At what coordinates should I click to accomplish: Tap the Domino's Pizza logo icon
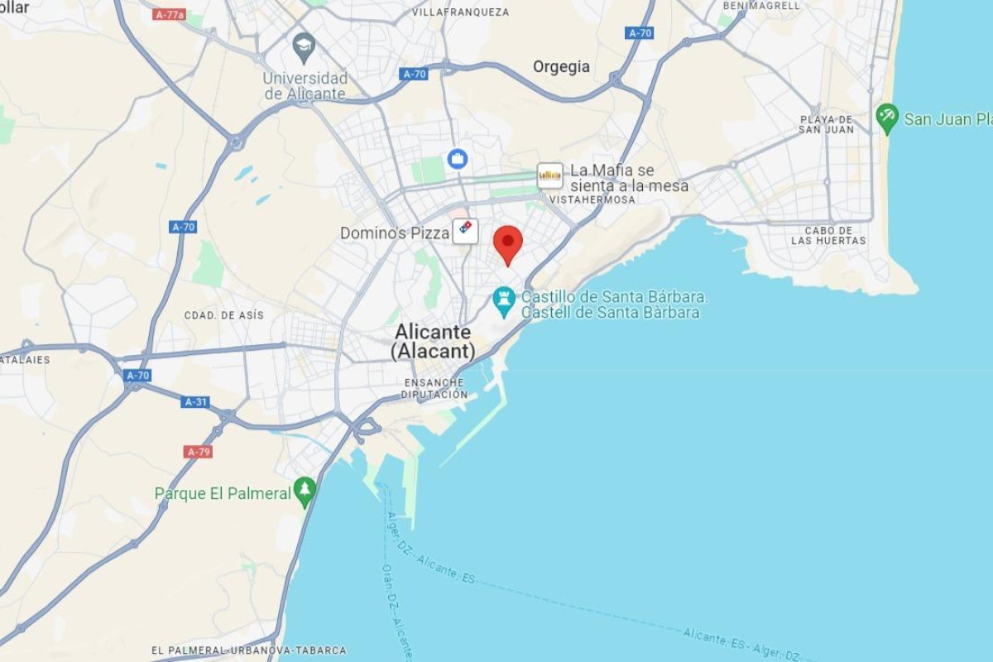point(465,231)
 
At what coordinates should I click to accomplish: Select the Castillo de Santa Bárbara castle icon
point(503,301)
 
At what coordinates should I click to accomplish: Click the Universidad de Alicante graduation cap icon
point(304,46)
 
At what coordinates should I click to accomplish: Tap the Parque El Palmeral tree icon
point(305,492)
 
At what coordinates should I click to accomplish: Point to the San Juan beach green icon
point(887,118)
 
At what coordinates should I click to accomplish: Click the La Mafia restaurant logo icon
point(549,175)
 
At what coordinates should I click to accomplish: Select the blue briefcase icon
point(458,158)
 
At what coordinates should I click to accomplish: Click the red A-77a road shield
point(170,14)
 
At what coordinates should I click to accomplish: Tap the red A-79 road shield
point(199,452)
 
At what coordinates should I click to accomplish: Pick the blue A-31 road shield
point(195,402)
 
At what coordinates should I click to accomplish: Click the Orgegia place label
point(561,67)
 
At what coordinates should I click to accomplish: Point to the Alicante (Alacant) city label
point(433,341)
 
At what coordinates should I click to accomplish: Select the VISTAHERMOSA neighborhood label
point(592,199)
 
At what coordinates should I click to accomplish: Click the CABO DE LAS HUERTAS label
point(828,236)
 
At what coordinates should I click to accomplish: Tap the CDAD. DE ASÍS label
point(223,315)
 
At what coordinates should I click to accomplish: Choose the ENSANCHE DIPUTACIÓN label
point(434,388)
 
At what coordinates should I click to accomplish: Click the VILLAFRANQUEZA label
point(460,12)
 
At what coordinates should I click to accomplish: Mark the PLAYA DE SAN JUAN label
point(827,124)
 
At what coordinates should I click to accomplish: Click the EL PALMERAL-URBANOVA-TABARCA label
point(248,650)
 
